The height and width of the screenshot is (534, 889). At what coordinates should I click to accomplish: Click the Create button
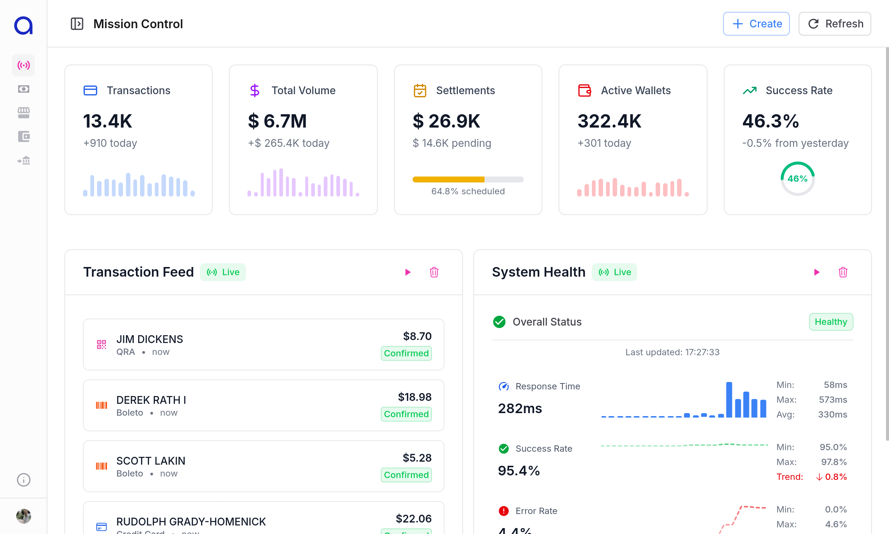coord(756,24)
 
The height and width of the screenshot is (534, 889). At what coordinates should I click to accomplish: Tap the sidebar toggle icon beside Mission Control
coord(77,24)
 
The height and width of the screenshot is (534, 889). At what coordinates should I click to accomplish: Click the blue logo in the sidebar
coord(23,26)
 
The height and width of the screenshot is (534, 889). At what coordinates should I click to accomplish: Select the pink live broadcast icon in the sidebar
coord(23,65)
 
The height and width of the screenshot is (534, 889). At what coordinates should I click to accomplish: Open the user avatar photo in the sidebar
coord(23,516)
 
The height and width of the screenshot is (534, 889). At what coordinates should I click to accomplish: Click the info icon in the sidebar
coord(23,480)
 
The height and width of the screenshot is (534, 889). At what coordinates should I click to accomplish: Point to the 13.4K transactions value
coord(107,121)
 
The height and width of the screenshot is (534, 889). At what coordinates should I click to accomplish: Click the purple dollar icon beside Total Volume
coord(254,90)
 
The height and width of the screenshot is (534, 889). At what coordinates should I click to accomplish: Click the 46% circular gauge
coord(798,179)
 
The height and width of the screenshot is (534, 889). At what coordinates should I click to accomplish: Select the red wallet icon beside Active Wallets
coord(585,90)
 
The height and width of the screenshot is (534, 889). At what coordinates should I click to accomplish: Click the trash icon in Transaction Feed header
coord(434,272)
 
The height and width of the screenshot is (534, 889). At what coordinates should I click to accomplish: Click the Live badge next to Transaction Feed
coord(223,272)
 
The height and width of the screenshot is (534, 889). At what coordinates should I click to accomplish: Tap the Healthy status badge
coord(831,322)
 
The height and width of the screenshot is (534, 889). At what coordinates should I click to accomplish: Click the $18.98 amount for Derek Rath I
coord(414,397)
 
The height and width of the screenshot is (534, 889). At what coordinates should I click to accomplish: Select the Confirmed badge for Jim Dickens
coord(406,353)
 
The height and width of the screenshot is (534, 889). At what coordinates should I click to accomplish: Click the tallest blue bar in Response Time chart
coord(729,400)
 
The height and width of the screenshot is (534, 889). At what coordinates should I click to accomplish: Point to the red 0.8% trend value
coord(832,477)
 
